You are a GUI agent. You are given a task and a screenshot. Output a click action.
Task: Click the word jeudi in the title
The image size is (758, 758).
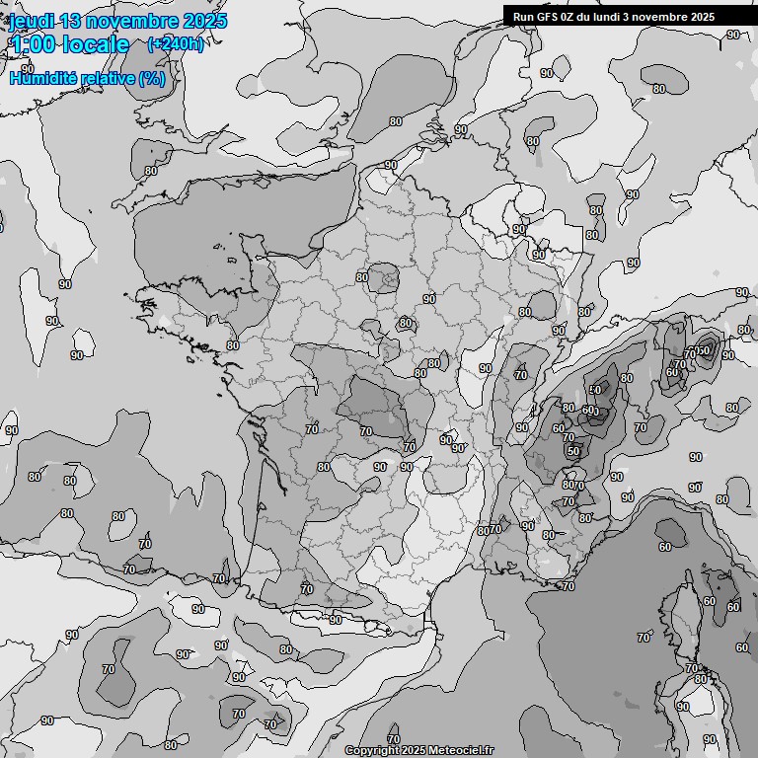(x=33, y=21)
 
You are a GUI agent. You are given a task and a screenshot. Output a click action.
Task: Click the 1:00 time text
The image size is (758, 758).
(x=33, y=44)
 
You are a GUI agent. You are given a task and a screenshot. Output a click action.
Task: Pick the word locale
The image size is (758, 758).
(x=96, y=44)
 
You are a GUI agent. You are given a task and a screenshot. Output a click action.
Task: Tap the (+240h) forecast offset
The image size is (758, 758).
(x=176, y=44)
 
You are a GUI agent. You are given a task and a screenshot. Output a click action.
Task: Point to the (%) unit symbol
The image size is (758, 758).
(x=153, y=77)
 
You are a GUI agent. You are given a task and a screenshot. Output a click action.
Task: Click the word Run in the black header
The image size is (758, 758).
(x=523, y=17)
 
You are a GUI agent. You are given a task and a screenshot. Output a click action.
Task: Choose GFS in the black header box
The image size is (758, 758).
(x=548, y=17)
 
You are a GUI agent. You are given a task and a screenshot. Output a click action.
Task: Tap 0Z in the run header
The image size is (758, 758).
(x=571, y=17)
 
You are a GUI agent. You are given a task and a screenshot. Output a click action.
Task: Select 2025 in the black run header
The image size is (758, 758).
(x=703, y=17)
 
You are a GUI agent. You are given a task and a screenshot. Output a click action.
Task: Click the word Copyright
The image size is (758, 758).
(x=372, y=751)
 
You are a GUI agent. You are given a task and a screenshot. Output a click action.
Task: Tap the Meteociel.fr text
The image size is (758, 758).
(x=461, y=751)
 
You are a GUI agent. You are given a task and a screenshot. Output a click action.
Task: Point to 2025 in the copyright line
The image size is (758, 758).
(x=415, y=751)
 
